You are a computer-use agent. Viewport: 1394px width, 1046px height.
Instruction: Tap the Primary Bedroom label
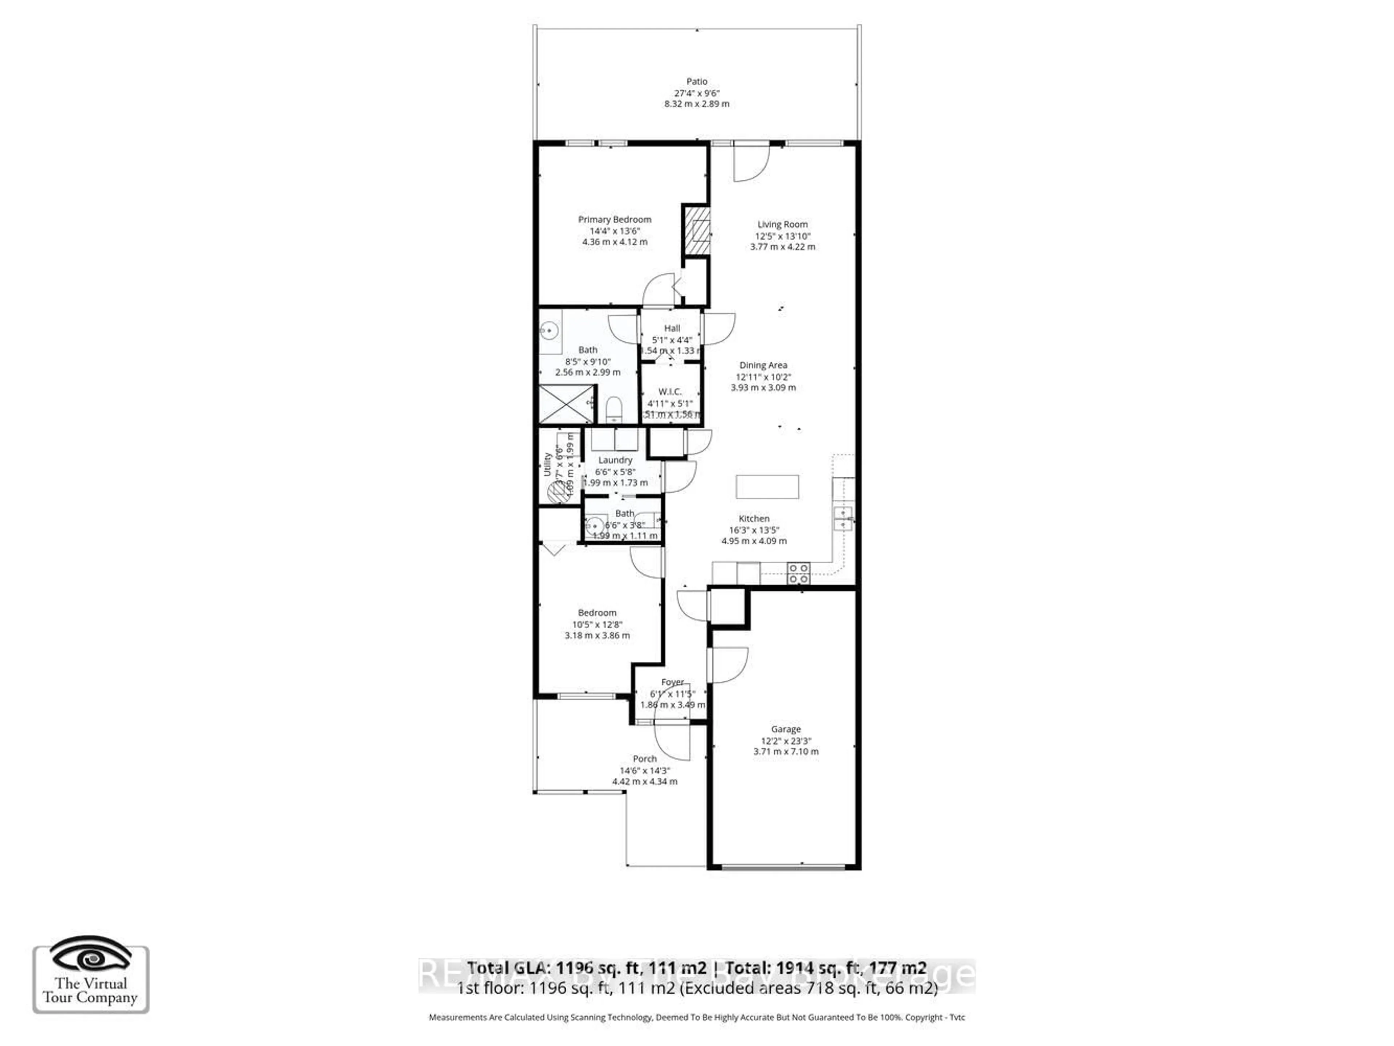615,219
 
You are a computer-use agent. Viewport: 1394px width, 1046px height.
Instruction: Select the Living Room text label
782,224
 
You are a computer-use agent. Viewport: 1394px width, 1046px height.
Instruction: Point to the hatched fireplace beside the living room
696,231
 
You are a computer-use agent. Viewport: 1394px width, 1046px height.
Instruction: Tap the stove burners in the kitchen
798,573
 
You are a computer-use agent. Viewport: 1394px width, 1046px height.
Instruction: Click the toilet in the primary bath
613,410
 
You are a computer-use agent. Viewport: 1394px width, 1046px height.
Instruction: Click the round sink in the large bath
550,330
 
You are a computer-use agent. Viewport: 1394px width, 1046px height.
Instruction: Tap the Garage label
785,729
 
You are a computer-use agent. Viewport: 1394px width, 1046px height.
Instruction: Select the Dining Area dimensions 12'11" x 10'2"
763,377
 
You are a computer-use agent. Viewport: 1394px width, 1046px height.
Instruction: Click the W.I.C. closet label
669,391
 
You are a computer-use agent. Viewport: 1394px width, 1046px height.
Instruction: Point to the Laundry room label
615,460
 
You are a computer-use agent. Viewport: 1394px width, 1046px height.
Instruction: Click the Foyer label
672,682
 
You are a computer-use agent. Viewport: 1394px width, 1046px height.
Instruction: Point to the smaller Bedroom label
597,612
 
